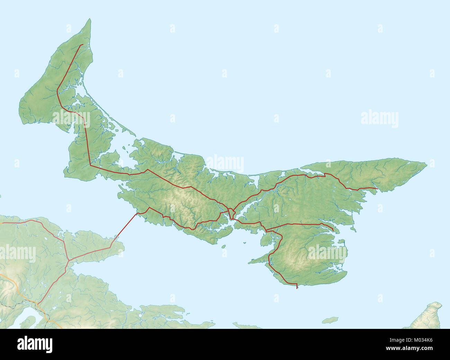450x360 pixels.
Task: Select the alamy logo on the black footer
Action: click(x=35, y=344)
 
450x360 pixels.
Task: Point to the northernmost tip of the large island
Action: click(x=90, y=19)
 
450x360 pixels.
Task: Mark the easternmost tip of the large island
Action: click(x=426, y=164)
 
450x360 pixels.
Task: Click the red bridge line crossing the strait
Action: click(x=126, y=225)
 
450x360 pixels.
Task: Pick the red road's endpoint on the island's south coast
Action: click(x=297, y=288)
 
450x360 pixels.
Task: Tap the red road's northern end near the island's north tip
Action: click(x=82, y=45)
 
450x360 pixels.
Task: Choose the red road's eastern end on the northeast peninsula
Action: click(x=376, y=188)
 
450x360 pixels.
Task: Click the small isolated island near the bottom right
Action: click(x=330, y=320)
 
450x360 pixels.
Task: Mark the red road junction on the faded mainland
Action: click(x=69, y=260)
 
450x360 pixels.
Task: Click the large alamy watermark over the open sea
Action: click(x=379, y=119)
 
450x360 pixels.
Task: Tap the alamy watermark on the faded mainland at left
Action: click(x=18, y=254)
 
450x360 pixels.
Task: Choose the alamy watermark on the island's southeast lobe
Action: click(x=327, y=252)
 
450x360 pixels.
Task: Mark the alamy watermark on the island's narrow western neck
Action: click(x=71, y=119)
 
